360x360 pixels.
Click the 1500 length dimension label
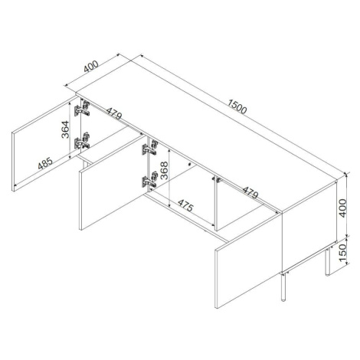(x=237, y=106)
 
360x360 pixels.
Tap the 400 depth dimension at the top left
(x=91, y=67)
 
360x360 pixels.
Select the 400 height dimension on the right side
(x=342, y=208)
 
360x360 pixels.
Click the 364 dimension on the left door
(x=65, y=129)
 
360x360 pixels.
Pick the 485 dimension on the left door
(x=45, y=163)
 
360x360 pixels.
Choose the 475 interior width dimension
(x=185, y=205)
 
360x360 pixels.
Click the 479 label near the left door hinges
(x=114, y=113)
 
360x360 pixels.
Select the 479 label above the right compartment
(x=250, y=193)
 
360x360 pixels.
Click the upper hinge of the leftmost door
(x=82, y=109)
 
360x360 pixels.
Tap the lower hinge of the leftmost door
(x=82, y=141)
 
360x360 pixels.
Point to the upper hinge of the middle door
(x=150, y=147)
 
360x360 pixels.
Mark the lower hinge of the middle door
(x=150, y=179)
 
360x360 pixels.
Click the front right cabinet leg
(x=283, y=286)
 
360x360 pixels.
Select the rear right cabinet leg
(x=327, y=260)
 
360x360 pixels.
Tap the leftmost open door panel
(x=45, y=144)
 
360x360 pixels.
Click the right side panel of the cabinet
(x=309, y=226)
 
